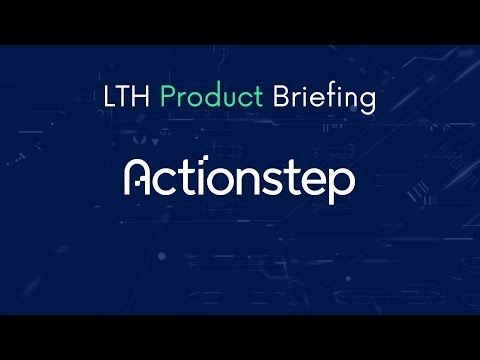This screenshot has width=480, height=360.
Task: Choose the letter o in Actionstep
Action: [226, 181]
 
